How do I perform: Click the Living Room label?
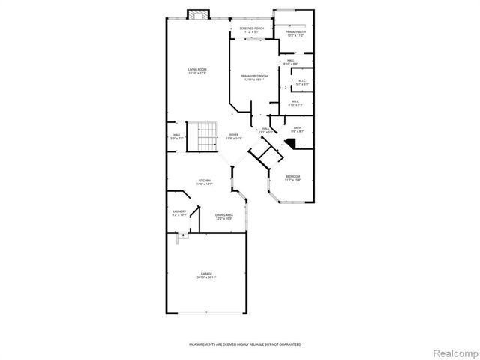click(197, 71)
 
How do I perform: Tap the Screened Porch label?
click(251, 31)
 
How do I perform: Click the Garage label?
click(205, 275)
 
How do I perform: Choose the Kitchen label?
click(203, 181)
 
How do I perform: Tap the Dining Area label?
click(224, 217)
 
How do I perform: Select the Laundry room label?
click(179, 213)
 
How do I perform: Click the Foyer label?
click(234, 136)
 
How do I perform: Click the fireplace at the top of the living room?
click(198, 15)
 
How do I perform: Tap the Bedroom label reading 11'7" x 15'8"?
click(292, 178)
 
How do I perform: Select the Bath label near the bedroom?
click(297, 130)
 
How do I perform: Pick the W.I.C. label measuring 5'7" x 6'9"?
click(302, 82)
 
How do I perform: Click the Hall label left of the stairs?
click(176, 136)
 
